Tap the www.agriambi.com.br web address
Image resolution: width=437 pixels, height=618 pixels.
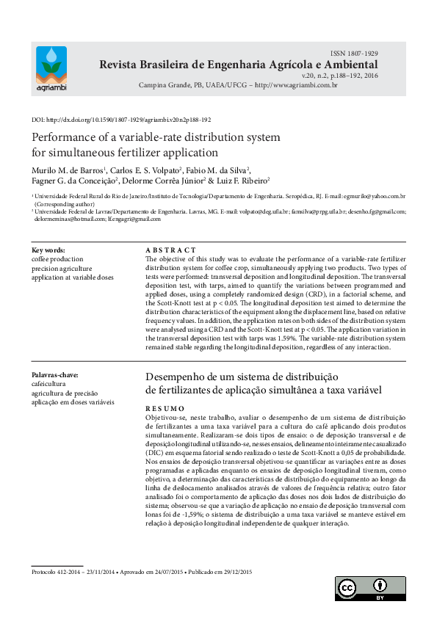(x=296, y=85)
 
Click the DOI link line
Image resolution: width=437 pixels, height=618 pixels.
(x=121, y=119)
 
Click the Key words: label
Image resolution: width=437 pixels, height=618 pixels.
(x=48, y=250)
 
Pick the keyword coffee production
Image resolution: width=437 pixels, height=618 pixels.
(x=57, y=259)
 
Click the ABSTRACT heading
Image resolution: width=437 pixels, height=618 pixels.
(x=171, y=250)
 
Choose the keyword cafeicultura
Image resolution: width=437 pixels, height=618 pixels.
(x=50, y=385)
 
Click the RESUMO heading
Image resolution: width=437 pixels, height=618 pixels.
(x=165, y=407)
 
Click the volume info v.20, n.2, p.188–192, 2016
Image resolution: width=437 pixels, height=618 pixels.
(x=339, y=75)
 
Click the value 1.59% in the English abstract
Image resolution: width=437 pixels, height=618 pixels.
(x=303, y=338)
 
